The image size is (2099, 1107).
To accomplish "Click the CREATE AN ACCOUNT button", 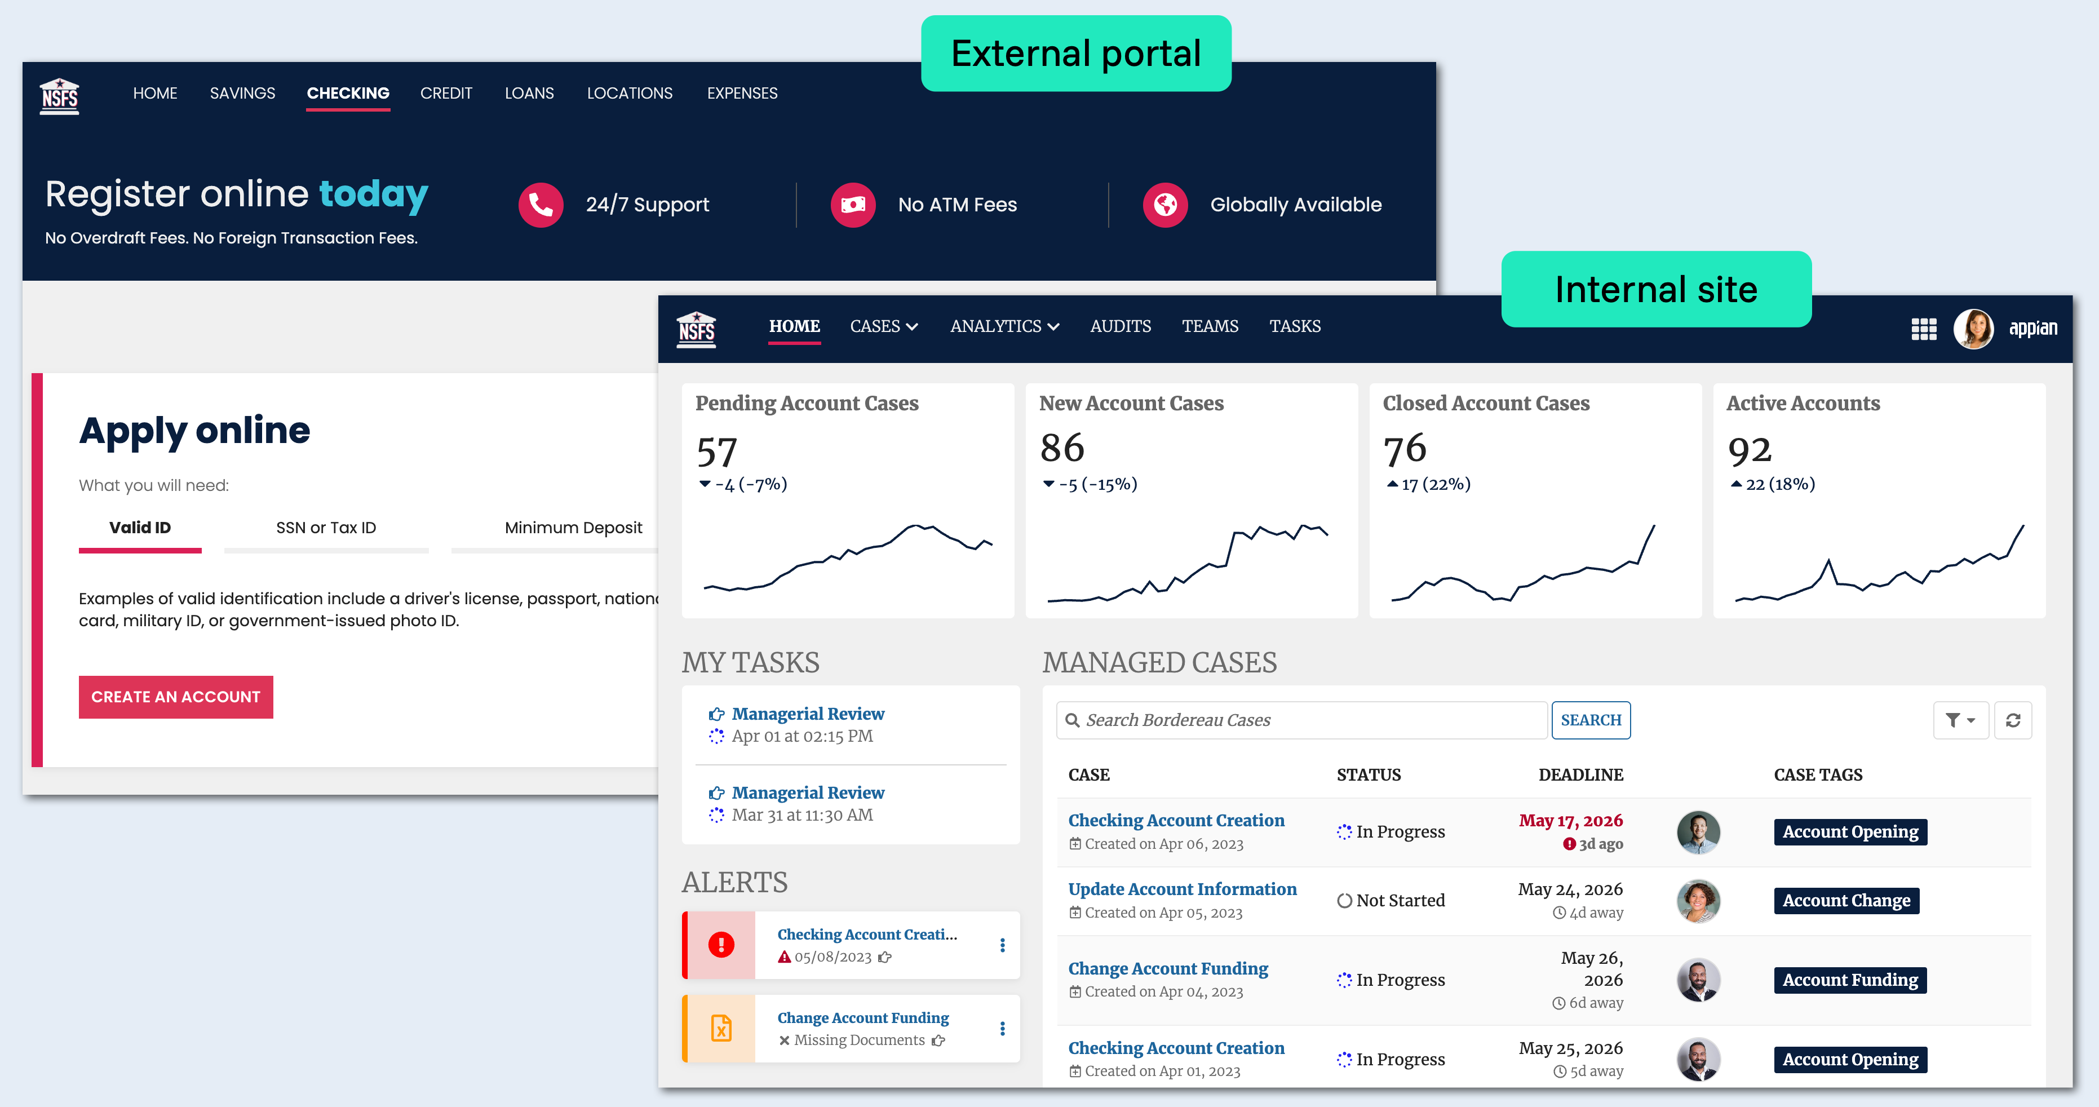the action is click(176, 697).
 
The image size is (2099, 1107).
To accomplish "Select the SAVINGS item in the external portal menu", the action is click(242, 93).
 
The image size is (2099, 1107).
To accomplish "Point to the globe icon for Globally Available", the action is click(1165, 205).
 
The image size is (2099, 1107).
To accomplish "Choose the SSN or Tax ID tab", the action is click(326, 528).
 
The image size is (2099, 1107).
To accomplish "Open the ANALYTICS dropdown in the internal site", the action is click(1004, 327).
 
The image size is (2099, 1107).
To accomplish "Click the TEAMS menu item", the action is click(1210, 327).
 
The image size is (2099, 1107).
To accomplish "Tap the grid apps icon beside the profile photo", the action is click(1924, 329).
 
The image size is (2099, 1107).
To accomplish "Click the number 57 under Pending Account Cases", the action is click(717, 451).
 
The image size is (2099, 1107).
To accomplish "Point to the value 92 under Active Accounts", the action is click(1750, 450).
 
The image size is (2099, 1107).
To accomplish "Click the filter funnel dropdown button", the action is click(1960, 720).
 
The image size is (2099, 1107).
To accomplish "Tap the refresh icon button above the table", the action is click(2013, 720).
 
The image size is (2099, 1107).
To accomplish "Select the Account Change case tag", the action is click(1846, 900).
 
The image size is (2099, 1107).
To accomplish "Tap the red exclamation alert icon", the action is click(721, 945).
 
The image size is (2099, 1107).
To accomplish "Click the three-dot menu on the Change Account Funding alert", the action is click(1002, 1029).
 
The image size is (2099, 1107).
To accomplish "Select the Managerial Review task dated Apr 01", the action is click(808, 714).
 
